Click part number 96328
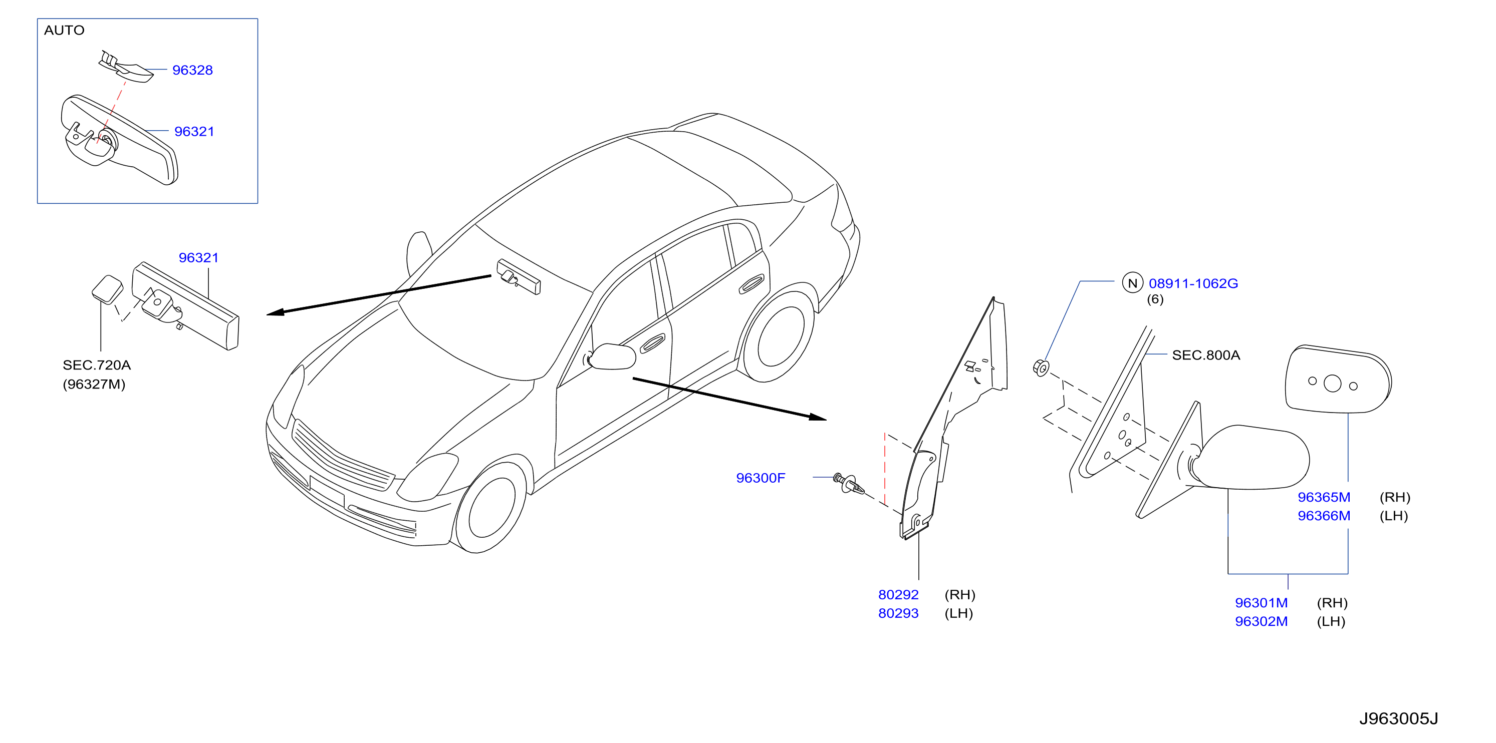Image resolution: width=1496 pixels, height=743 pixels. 192,70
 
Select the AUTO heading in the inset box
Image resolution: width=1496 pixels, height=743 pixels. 65,30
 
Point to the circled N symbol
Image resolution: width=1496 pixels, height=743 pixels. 1132,283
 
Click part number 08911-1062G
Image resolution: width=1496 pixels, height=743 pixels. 1193,283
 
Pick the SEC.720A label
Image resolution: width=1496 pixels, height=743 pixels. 97,365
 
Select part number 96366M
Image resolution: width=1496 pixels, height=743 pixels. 1324,516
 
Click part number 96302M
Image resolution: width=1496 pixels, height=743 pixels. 1261,621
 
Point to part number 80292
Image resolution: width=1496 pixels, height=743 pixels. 898,594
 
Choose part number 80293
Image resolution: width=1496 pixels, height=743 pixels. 898,613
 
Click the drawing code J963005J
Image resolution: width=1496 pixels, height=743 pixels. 1398,718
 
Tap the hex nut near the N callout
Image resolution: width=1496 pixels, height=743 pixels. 1041,368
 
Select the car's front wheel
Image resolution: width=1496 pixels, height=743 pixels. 491,507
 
